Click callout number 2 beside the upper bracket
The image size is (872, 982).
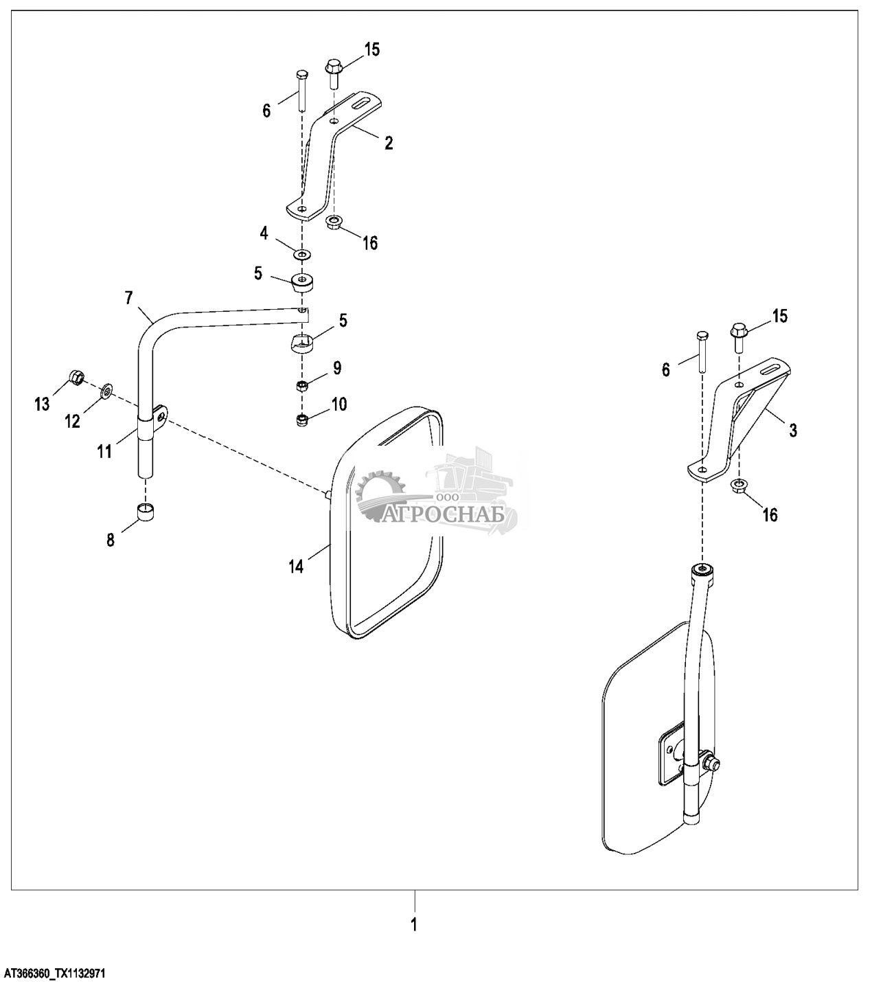[389, 144]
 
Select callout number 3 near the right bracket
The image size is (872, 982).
[793, 431]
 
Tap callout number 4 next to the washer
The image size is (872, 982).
[264, 233]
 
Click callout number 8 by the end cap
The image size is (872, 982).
[111, 540]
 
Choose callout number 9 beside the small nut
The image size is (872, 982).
[337, 368]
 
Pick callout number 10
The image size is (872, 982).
[339, 403]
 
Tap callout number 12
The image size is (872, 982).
[73, 421]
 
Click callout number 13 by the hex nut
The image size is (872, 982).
[42, 404]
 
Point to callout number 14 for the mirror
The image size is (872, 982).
[295, 567]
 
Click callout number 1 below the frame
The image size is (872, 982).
[414, 924]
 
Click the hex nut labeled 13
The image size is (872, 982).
[77, 377]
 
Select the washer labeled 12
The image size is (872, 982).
[108, 392]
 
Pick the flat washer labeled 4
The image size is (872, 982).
[301, 255]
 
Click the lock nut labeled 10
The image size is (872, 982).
[301, 419]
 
